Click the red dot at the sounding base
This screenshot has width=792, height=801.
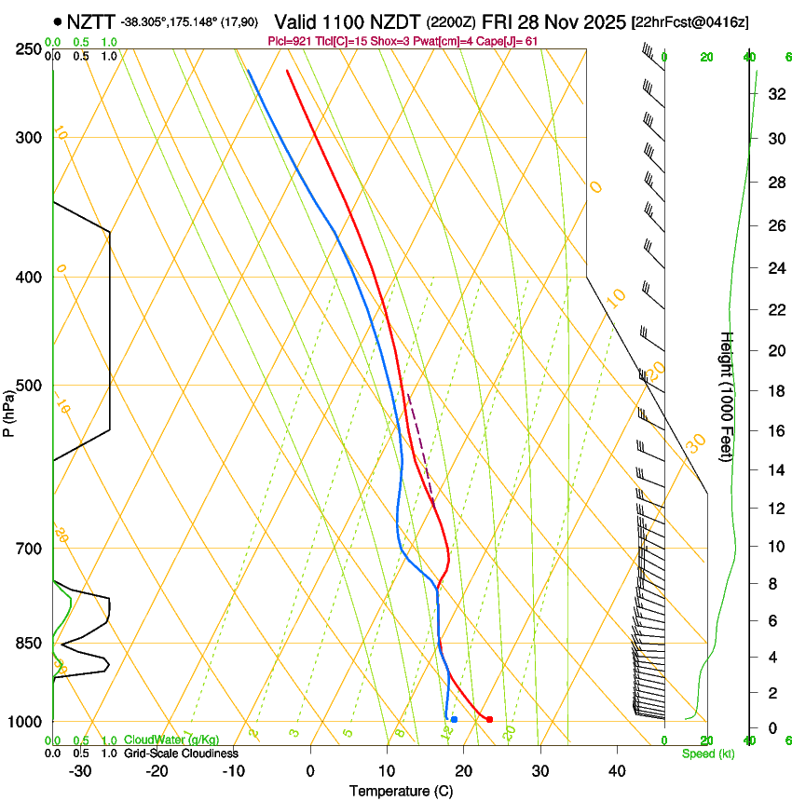coord(489,719)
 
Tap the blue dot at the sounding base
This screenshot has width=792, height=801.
coord(454,719)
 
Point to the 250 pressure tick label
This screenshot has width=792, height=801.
coord(29,49)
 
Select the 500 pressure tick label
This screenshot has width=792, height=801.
coord(29,386)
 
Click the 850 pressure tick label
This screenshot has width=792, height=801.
coord(29,644)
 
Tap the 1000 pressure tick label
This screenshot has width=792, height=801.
coord(26,722)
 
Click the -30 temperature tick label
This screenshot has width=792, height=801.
coord(80,770)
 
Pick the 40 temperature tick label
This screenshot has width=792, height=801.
coord(617,770)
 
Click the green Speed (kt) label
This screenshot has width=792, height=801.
coord(707,753)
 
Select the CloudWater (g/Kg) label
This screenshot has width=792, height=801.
coord(171,740)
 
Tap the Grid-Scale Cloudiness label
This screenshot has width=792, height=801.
coord(180,753)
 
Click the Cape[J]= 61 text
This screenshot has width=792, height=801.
coord(508,41)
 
